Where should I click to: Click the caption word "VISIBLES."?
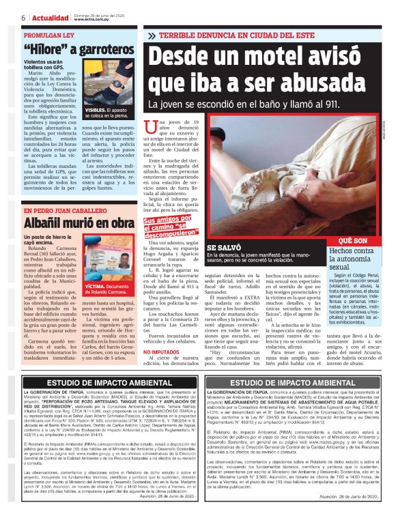[x=96, y=128]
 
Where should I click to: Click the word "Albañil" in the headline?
[x=44, y=223]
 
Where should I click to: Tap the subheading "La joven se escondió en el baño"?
[x=232, y=104]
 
